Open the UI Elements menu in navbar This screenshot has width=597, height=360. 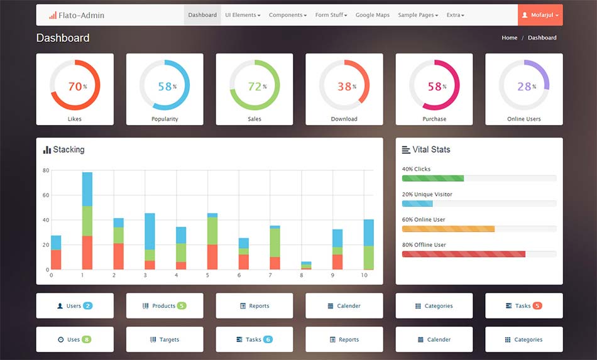pos(243,15)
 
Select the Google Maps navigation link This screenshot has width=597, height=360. pos(373,15)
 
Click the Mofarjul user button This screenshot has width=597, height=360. pos(540,15)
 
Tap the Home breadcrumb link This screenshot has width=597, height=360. pos(509,38)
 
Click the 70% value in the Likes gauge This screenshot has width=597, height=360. pos(75,87)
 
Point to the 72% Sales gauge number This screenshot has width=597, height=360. pos(255,87)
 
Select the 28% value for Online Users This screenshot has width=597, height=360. pos(524,87)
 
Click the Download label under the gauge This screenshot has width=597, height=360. pos(344,119)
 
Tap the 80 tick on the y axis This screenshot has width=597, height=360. pos(46,170)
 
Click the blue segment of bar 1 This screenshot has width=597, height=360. pos(87,188)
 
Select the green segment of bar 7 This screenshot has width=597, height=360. pos(275,243)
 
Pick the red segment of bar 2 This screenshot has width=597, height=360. pos(118,256)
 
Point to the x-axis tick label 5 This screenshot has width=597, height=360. pos(207,275)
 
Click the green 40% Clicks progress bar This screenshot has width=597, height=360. pos(432,178)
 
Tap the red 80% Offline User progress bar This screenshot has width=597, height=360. pos(463,254)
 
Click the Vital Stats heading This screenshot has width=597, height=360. pos(431,150)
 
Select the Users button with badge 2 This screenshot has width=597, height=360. pos(74,306)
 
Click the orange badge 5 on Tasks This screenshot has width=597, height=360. pos(537,306)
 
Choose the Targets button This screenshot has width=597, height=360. pos(165,339)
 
